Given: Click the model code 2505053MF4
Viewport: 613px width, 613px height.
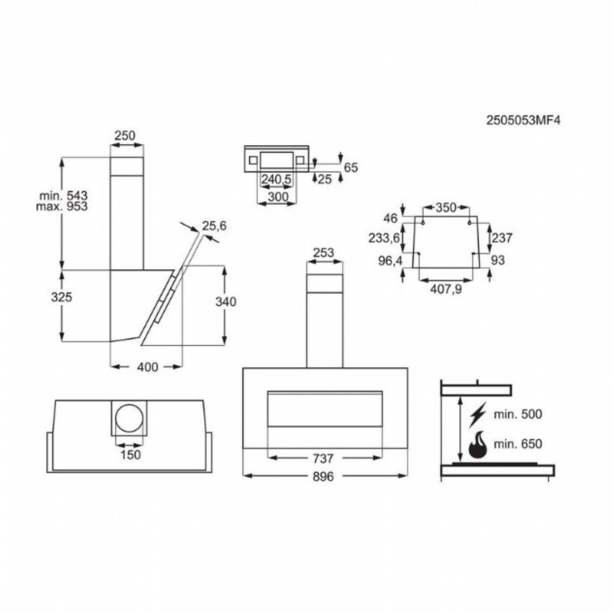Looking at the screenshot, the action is point(523,121).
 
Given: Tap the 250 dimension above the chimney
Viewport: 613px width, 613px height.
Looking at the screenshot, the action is point(125,135).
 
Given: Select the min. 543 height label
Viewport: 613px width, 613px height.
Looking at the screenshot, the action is point(63,195).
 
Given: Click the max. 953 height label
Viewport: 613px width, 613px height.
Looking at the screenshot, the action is point(62,206).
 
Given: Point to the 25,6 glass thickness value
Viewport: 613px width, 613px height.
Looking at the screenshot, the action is point(215,226).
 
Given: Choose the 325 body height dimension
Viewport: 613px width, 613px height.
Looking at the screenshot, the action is point(62,297).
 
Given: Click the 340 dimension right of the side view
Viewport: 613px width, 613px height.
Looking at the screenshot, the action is point(226,301).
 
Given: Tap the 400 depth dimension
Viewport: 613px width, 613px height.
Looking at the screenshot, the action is point(148,367).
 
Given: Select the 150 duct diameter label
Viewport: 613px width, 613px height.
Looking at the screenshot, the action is point(130,455).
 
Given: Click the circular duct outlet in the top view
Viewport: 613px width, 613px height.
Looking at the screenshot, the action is point(129,418).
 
